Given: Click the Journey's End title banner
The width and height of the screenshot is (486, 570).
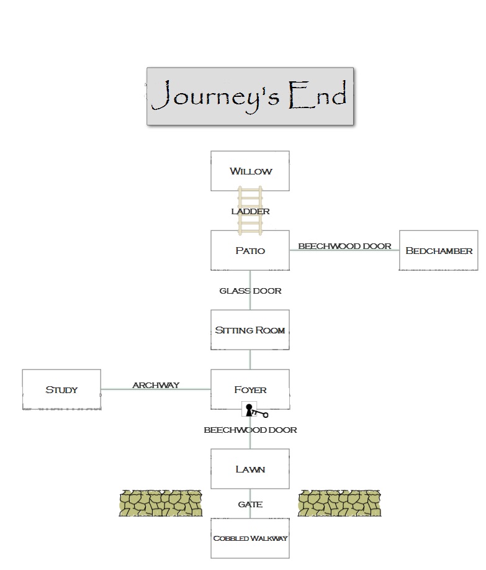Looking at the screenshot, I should [x=250, y=96].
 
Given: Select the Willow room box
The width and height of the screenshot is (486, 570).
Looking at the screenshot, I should [x=250, y=171].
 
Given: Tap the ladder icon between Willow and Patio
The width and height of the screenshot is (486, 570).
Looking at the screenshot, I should [x=250, y=211].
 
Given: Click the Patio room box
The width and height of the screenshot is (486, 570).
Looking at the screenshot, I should [x=250, y=250].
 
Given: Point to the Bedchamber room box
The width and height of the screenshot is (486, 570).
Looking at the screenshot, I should [x=438, y=250].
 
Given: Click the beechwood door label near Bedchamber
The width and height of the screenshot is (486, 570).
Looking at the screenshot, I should [x=344, y=246].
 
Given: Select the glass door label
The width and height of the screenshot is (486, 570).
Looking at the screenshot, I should [x=250, y=291].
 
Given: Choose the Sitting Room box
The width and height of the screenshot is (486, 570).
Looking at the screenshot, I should [x=250, y=330].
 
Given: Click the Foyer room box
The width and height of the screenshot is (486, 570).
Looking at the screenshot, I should [x=250, y=389].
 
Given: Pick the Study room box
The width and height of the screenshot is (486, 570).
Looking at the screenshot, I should [x=61, y=389].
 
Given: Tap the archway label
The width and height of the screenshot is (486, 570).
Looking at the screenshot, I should [x=156, y=385].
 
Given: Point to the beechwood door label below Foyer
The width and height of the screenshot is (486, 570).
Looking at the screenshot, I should [x=250, y=430].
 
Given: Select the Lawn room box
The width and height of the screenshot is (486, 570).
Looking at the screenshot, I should [x=250, y=469].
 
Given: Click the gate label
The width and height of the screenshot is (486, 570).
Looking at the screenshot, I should [x=250, y=504].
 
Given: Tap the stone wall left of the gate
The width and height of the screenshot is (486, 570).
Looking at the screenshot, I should [x=161, y=503].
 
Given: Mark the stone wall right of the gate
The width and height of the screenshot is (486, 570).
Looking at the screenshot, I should [x=340, y=503].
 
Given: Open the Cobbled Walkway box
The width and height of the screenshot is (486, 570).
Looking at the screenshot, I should [x=250, y=538].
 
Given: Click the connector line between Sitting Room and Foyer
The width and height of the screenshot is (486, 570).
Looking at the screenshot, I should [x=250, y=360].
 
